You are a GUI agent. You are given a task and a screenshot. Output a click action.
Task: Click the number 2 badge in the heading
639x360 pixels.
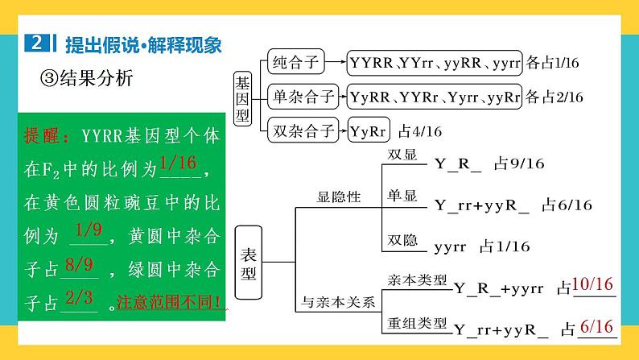point(37,43)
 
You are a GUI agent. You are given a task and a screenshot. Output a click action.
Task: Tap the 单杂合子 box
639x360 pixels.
point(302,96)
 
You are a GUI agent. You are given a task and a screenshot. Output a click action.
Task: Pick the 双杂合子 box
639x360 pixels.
point(302,130)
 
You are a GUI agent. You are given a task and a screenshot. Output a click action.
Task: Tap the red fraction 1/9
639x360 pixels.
point(88,232)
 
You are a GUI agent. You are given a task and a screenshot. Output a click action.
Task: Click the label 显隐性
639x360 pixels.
point(339,196)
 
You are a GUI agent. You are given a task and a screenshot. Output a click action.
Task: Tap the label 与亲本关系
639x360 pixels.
point(339,304)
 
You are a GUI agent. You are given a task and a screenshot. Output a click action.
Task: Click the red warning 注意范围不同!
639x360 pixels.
point(170,304)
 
